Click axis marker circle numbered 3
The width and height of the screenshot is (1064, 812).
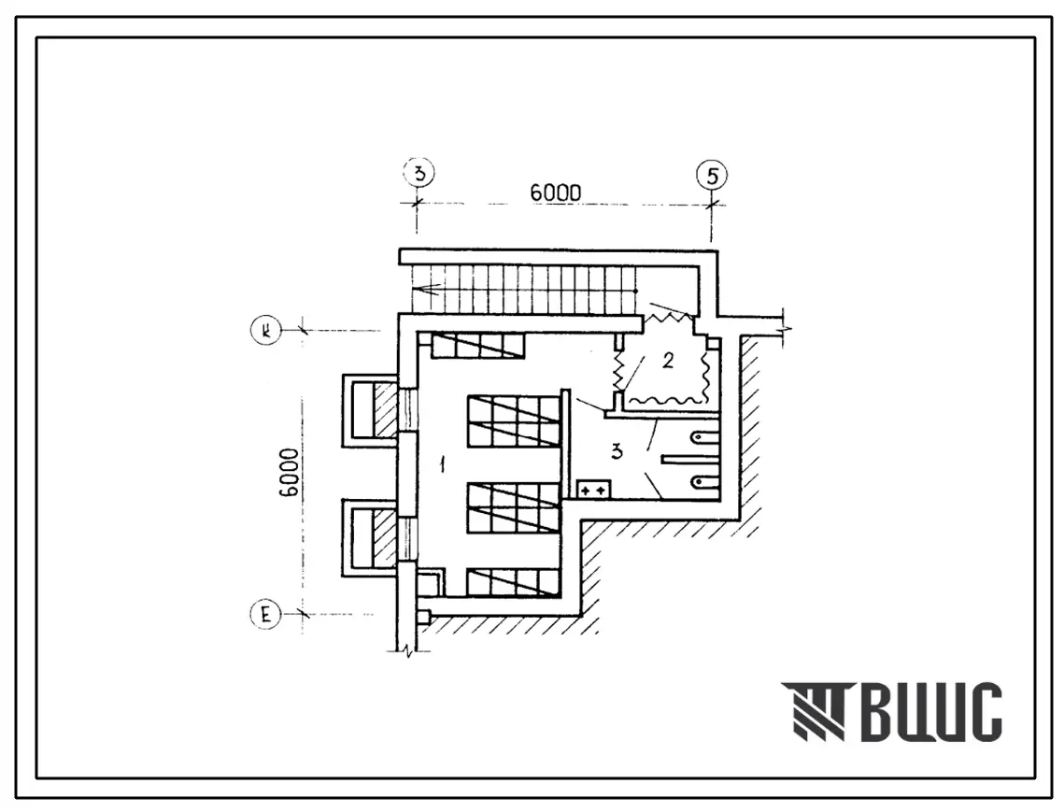[419, 173]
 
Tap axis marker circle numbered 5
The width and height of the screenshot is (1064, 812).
[711, 176]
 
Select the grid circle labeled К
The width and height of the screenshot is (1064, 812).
[266, 331]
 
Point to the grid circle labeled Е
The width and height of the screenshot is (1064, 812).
[265, 615]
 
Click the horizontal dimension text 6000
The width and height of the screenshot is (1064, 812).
[556, 192]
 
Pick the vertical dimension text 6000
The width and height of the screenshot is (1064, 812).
[289, 473]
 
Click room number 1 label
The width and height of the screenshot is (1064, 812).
[443, 465]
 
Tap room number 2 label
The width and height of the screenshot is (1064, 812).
[668, 361]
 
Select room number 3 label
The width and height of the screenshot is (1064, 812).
[617, 450]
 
